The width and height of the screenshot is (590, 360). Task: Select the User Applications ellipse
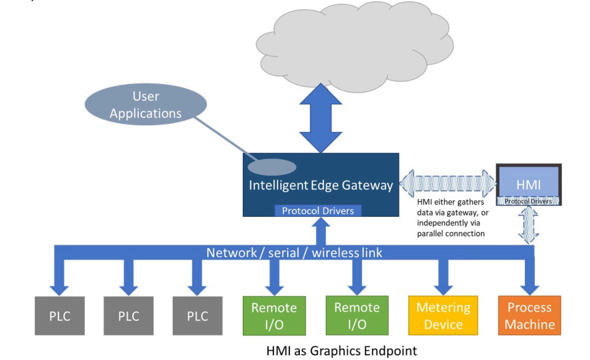146,104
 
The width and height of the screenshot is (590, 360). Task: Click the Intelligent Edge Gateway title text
321,185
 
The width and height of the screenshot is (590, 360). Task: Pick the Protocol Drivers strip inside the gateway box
318,211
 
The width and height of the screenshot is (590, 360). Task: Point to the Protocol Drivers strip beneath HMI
529,201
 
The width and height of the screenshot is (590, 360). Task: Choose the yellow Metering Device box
443,316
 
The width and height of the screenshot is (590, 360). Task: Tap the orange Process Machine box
529,316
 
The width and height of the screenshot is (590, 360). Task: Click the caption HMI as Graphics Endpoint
341,351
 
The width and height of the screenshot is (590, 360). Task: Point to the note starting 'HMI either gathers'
450,217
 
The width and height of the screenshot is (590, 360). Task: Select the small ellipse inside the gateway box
272,166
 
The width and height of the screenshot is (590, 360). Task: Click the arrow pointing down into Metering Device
443,280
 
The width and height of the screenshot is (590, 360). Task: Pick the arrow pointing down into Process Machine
529,280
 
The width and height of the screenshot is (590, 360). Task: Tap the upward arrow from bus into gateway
321,232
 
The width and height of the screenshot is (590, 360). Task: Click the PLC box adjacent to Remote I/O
198,316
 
